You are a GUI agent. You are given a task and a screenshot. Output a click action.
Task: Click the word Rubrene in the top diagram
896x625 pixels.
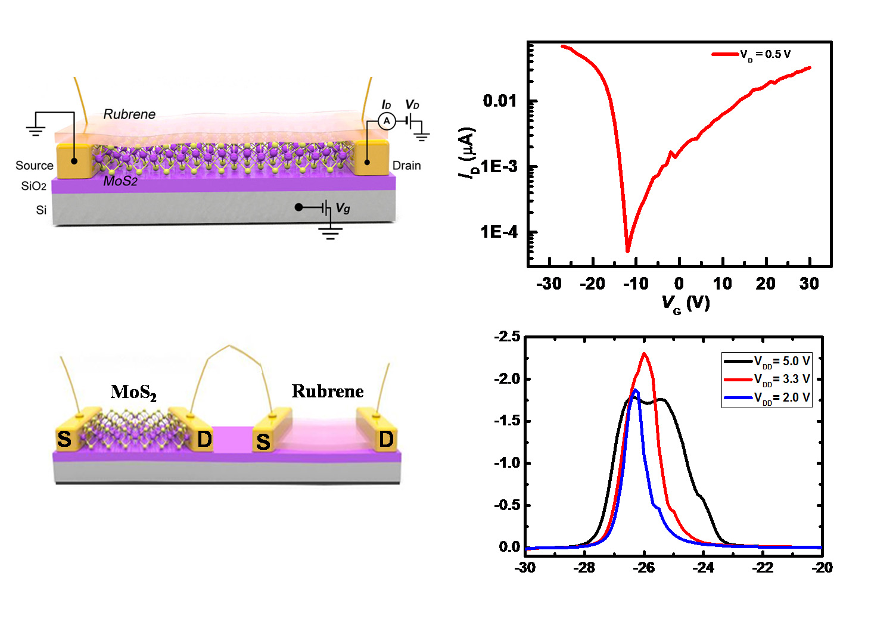tap(129, 114)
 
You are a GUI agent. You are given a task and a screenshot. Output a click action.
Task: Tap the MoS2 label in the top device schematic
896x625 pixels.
tap(120, 181)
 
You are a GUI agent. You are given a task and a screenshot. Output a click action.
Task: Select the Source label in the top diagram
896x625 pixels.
tap(34, 166)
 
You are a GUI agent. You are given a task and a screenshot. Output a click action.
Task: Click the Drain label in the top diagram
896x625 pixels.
tap(406, 166)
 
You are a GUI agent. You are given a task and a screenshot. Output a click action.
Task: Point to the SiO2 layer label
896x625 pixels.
tap(33, 186)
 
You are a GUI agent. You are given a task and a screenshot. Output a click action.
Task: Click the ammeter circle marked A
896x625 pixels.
tap(387, 121)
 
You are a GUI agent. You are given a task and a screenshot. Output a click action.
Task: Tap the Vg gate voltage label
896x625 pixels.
tap(343, 208)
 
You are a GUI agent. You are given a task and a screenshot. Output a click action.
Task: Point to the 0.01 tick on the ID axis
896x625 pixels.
tap(500, 101)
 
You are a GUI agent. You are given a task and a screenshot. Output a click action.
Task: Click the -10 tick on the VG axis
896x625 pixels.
tap(636, 284)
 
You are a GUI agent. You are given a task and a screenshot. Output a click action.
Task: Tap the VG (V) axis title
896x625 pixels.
tap(686, 303)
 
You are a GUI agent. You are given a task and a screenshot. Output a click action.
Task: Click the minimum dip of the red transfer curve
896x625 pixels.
tap(627, 250)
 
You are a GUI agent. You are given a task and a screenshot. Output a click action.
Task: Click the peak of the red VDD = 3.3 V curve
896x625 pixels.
tap(644, 353)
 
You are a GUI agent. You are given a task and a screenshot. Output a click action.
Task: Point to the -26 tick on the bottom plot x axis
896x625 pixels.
tap(644, 568)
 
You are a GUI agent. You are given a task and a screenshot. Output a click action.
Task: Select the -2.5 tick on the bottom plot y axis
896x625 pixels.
tap(507, 337)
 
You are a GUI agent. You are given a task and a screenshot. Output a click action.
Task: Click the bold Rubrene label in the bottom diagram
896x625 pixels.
tap(328, 391)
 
